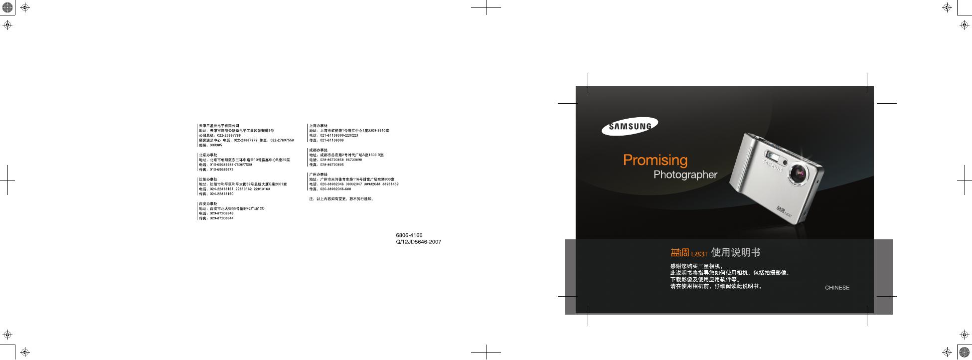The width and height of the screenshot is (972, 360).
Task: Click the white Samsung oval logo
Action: point(630,126)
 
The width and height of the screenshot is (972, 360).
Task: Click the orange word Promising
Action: point(655,160)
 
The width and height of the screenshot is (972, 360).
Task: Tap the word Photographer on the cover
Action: point(685,175)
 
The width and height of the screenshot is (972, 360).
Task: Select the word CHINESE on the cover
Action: point(837,288)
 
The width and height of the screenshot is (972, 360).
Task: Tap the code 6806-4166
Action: point(409,235)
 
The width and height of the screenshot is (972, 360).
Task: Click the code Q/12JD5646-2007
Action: point(418,242)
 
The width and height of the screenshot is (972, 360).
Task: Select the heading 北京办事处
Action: point(208,155)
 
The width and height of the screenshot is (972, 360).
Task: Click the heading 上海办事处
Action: point(319,126)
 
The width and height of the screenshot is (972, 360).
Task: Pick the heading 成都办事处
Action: point(319,150)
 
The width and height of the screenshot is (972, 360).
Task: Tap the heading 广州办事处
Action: point(319,175)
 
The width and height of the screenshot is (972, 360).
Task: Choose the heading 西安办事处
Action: point(208,203)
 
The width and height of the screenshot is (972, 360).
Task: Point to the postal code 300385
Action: point(216,145)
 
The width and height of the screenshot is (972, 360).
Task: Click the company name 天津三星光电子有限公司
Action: point(219,126)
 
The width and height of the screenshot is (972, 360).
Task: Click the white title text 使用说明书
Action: point(736,253)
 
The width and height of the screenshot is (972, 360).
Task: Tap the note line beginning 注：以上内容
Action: point(341,199)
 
